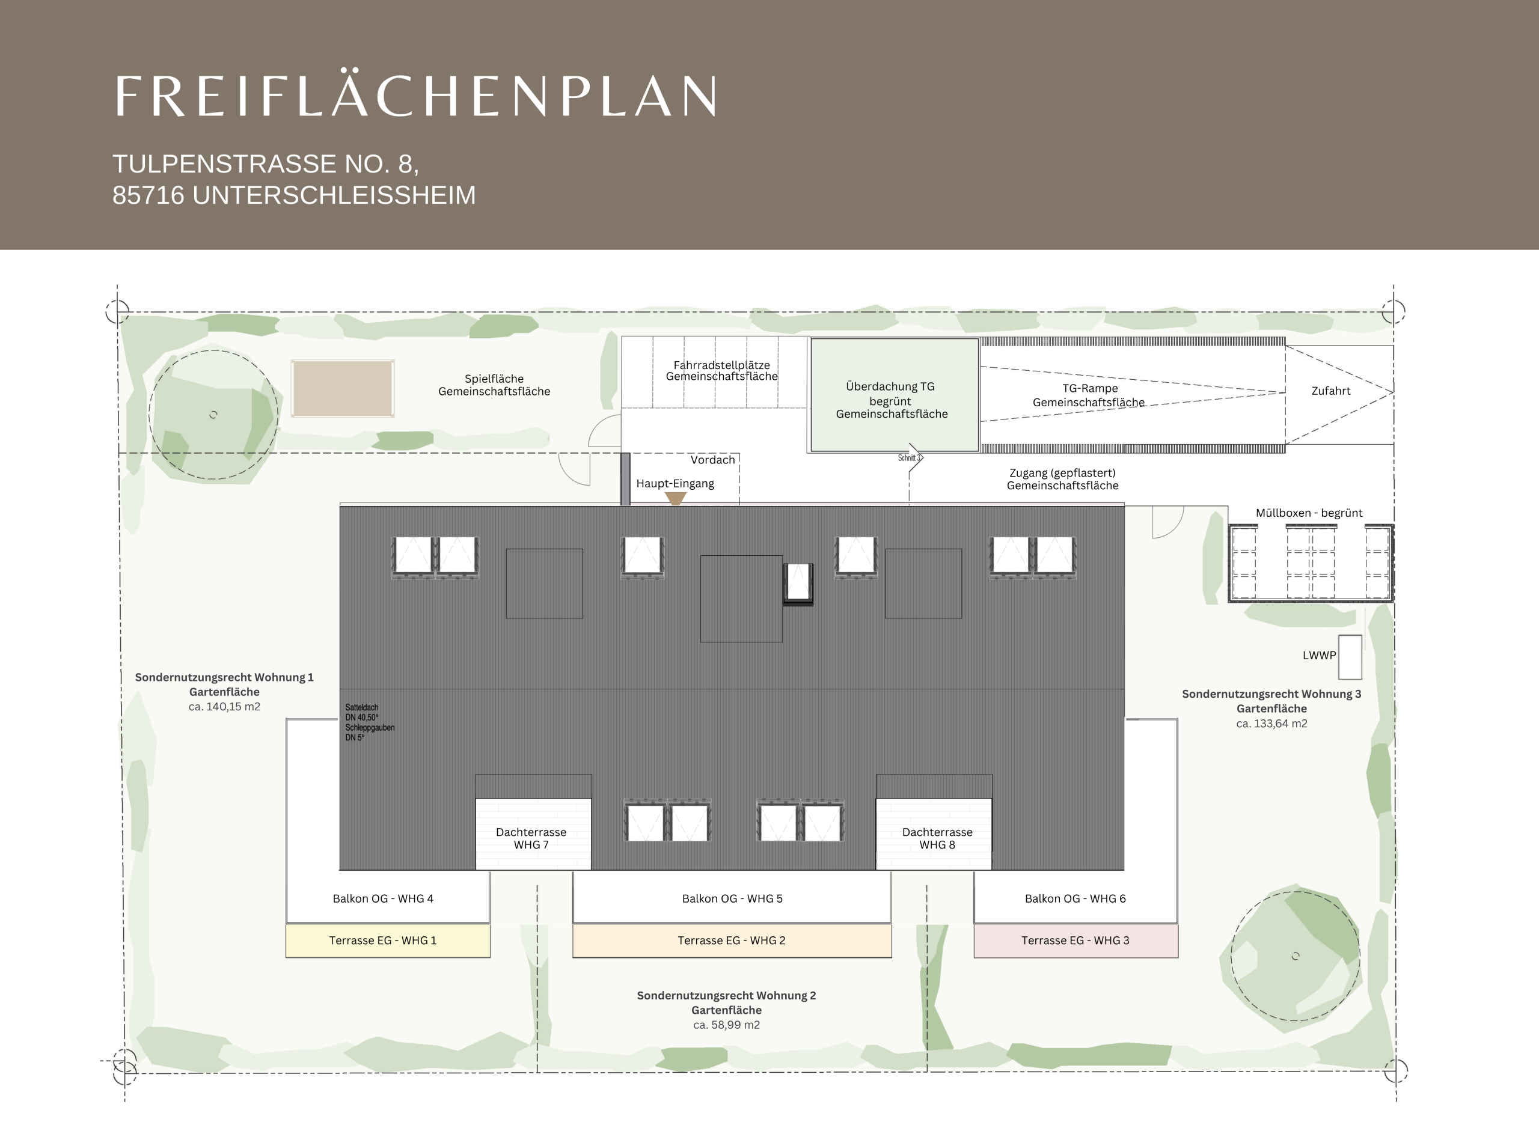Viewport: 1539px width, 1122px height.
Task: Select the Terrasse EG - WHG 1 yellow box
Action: (x=387, y=941)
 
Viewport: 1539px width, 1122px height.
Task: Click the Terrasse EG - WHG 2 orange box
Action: (x=732, y=941)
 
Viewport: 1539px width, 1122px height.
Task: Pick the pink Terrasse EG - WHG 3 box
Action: (x=1075, y=941)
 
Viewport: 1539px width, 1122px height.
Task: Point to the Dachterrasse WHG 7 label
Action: (x=531, y=838)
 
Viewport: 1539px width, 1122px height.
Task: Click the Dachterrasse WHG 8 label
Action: (x=937, y=838)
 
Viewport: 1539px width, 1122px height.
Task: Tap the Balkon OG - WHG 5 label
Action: (x=732, y=898)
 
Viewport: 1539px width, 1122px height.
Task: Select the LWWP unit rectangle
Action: (x=1350, y=657)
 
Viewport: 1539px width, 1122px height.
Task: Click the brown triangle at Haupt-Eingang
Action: (x=675, y=498)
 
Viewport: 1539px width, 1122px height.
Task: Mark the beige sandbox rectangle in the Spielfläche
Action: (x=343, y=388)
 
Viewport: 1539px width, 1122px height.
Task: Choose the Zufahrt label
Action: (x=1330, y=391)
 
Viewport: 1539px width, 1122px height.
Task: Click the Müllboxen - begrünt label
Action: (x=1309, y=513)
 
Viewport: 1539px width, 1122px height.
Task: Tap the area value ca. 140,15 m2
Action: (x=224, y=706)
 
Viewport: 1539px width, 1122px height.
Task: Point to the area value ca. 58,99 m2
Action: (x=726, y=1025)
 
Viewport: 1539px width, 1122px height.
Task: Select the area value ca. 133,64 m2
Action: (x=1271, y=724)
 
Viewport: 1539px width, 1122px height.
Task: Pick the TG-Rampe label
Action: (x=1090, y=388)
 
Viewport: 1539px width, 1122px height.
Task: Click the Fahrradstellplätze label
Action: (x=721, y=365)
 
